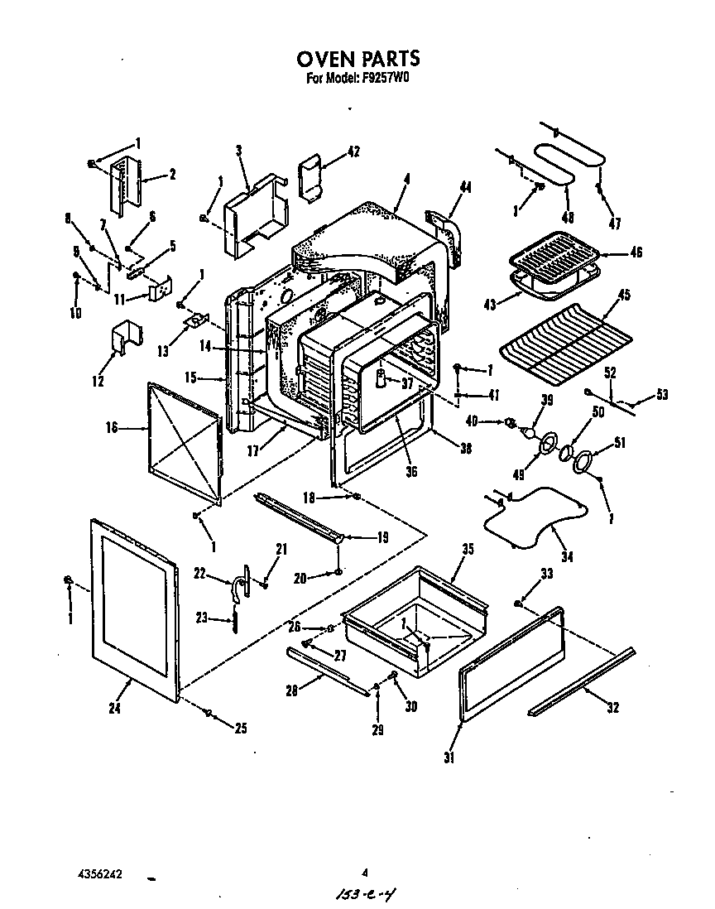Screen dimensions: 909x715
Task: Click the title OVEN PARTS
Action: pos(357,58)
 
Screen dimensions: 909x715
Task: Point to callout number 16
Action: pos(112,427)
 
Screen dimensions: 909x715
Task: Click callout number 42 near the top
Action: pos(353,151)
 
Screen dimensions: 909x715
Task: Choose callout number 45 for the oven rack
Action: pos(624,296)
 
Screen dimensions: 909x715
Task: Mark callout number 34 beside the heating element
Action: pos(566,556)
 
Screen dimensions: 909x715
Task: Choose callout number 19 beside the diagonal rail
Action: pos(382,537)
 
